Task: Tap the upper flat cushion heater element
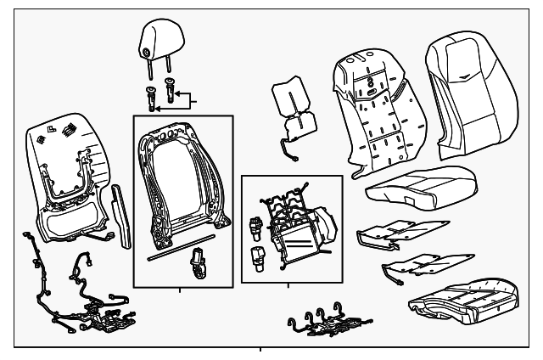click(x=398, y=228)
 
